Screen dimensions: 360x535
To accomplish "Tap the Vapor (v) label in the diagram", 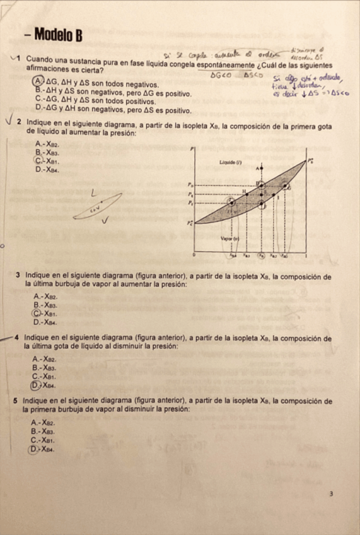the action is click(228, 239).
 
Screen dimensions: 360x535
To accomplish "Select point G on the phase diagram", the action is click(289, 187).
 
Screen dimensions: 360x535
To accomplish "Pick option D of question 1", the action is click(39, 110).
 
